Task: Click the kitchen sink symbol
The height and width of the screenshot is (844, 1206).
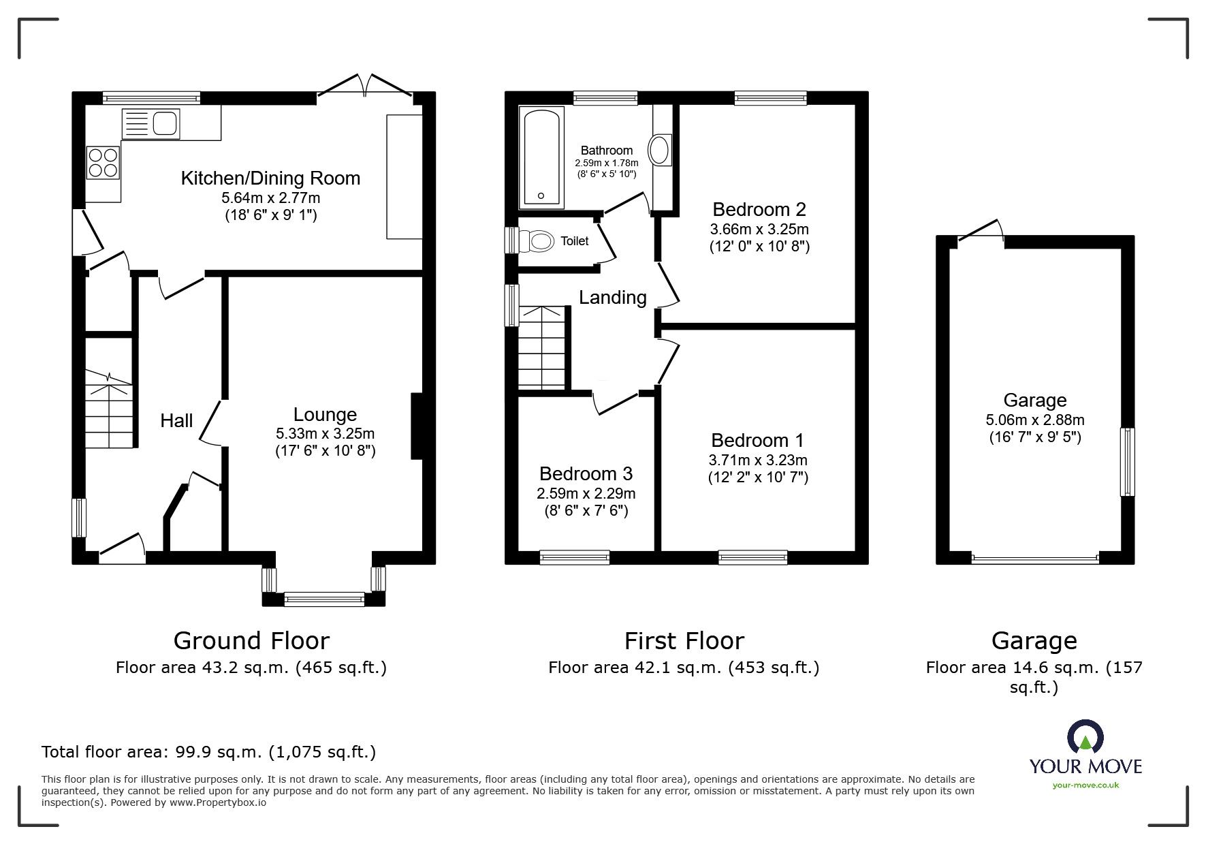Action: (150, 124)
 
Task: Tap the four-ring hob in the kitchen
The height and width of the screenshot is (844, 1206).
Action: (103, 163)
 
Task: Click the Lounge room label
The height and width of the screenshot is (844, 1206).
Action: (325, 414)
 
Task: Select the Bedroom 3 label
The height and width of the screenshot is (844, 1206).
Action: (586, 473)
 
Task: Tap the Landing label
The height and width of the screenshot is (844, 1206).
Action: (612, 297)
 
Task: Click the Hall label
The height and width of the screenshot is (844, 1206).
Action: (176, 421)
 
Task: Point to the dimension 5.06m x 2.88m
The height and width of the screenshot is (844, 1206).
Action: (1034, 420)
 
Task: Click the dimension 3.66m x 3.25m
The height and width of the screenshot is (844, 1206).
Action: (759, 229)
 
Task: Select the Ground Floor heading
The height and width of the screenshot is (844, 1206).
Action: (251, 640)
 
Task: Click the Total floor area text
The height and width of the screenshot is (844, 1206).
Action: (208, 752)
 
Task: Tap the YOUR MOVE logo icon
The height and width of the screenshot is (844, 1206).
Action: (1085, 737)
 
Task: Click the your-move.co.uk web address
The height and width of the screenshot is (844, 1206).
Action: (1085, 785)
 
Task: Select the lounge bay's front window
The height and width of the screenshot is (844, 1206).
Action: (324, 599)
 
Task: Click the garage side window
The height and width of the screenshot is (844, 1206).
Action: (1127, 462)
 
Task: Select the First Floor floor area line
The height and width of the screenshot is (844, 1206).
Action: (684, 668)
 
